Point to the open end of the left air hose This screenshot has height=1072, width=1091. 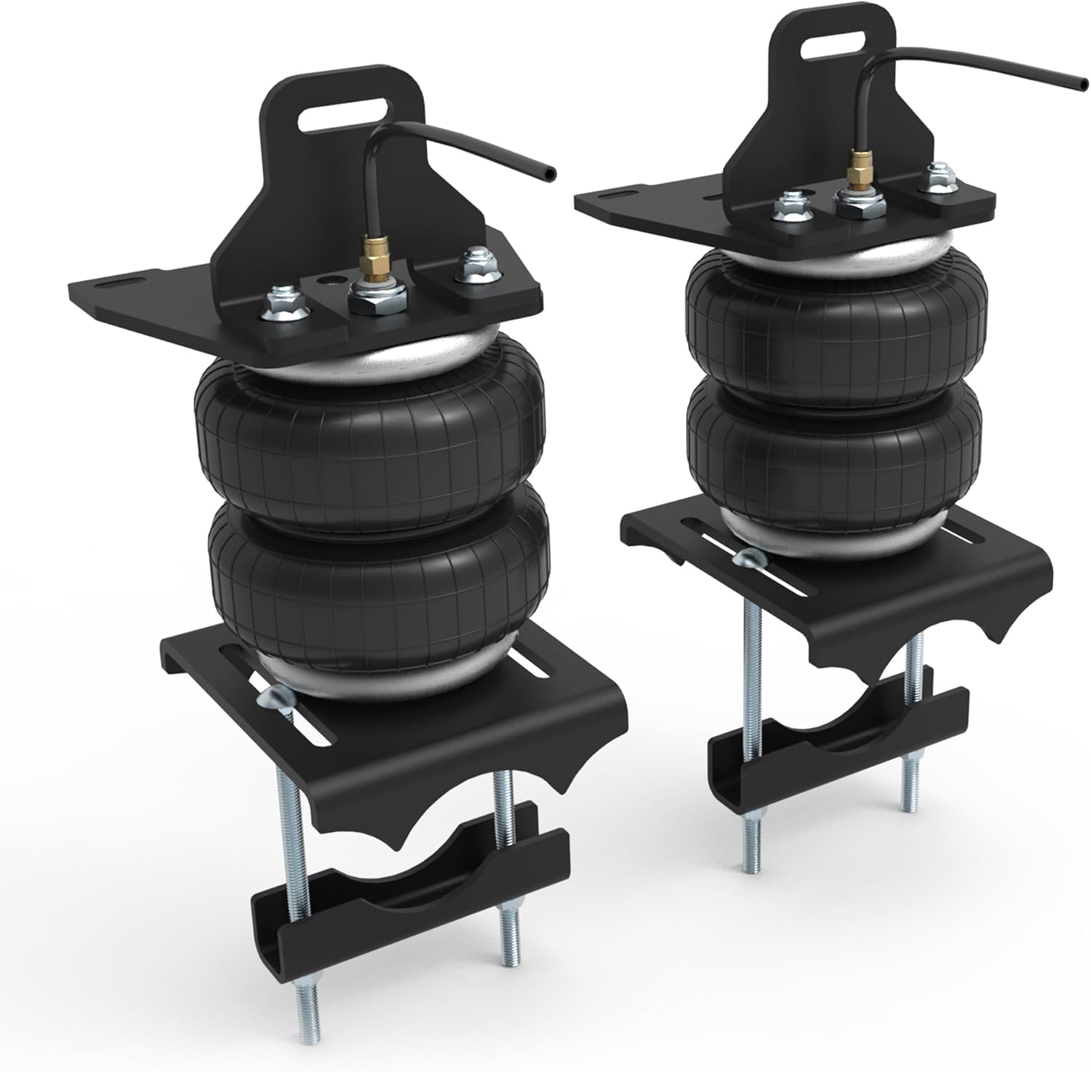point(552,174)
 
